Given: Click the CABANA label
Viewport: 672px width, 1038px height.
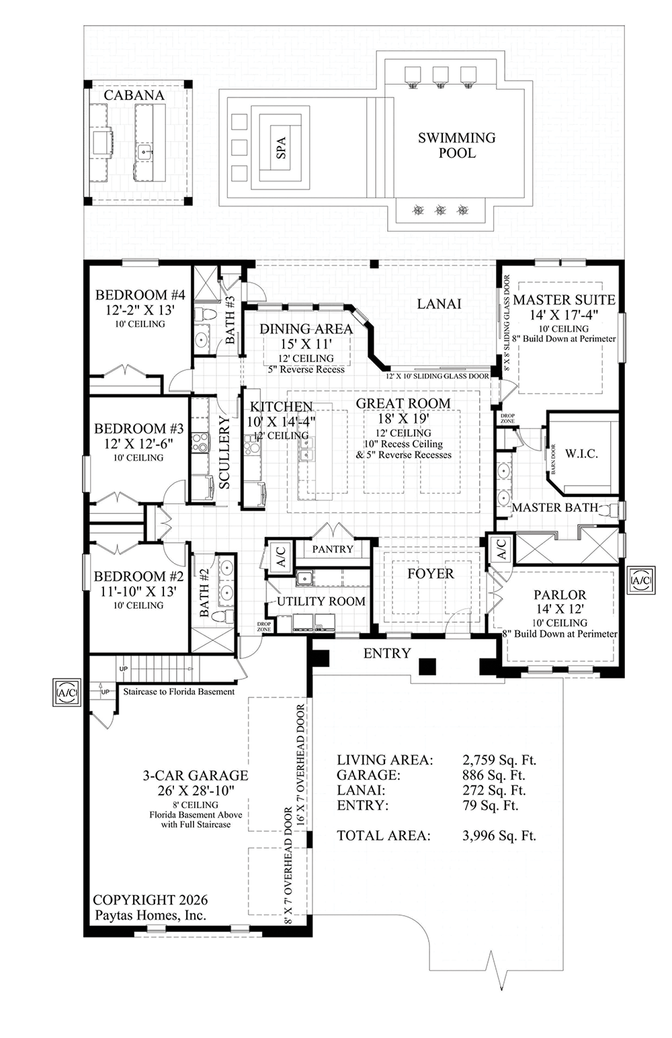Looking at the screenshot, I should pos(134,95).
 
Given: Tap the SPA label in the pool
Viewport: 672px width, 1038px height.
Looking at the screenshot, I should pos(282,148).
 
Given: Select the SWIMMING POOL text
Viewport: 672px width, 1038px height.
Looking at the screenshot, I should pos(456,145).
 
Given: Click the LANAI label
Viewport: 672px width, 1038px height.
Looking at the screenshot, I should pos(439,304).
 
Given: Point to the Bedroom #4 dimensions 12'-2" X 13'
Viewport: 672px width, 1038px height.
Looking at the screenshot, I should pos(140,310).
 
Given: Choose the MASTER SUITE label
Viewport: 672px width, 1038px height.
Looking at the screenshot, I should pos(564,300).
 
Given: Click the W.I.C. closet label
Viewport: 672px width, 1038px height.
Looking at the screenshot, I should pos(581,453).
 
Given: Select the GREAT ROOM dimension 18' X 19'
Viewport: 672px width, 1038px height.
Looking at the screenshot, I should pos(403,418).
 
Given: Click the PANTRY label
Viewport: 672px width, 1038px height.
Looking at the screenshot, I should pos(333,549).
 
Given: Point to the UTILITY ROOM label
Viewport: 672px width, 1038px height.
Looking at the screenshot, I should pos(321,601).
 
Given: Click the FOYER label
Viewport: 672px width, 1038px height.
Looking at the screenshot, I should pos(431,574).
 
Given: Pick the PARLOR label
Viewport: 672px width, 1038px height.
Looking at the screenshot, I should pos(560,595).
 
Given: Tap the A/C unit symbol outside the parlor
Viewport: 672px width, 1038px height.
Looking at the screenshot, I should pos(641,580).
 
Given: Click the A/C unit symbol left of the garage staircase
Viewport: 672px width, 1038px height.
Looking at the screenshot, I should pos(67,693).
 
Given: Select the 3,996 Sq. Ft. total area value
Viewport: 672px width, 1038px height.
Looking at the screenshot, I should pos(499,836).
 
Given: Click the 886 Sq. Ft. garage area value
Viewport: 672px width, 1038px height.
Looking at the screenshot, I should pos(494,775).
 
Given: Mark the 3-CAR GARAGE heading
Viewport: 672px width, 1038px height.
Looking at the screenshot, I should pos(196,775).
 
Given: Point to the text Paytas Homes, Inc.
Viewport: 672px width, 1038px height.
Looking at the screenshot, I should pos(150,915).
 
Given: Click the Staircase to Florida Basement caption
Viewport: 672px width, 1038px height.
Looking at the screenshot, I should pos(179,691).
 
